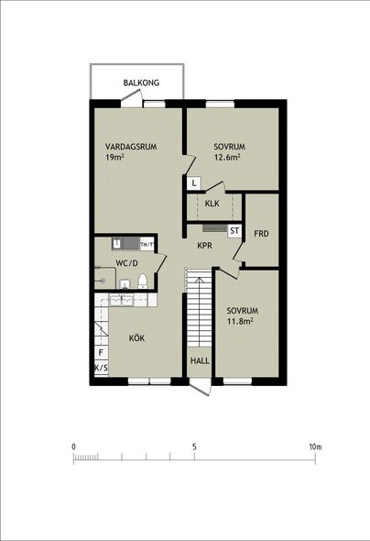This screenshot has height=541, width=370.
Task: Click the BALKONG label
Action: pyautogui.click(x=141, y=83)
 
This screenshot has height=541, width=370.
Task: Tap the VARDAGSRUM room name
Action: pyautogui.click(x=131, y=147)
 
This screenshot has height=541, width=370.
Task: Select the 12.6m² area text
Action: pyautogui.click(x=227, y=158)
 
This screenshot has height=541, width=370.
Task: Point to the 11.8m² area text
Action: pyautogui.click(x=240, y=322)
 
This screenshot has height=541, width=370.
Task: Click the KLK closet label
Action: pyautogui.click(x=212, y=204)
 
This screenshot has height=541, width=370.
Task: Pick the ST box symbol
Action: pyautogui.click(x=234, y=231)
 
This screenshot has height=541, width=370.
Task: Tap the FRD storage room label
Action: pyautogui.click(x=261, y=234)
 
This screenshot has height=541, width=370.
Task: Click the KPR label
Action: pyautogui.click(x=204, y=246)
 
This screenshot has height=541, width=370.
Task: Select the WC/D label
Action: pyautogui.click(x=126, y=263)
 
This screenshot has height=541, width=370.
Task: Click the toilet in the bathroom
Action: pyautogui.click(x=143, y=281)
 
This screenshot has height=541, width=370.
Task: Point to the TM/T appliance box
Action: pyautogui.click(x=147, y=244)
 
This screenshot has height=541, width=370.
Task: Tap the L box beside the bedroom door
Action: pyautogui.click(x=194, y=182)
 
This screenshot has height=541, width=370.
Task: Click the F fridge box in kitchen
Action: pyautogui.click(x=101, y=353)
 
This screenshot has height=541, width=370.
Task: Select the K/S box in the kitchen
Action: pyautogui.click(x=101, y=368)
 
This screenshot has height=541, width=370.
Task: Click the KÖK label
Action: pyautogui.click(x=136, y=338)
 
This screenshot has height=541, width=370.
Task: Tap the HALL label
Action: pyautogui.click(x=200, y=361)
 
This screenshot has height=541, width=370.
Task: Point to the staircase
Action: pyautogui.click(x=199, y=309)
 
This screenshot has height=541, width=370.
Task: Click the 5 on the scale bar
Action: pyautogui.click(x=194, y=447)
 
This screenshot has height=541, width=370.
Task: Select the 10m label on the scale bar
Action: pyautogui.click(x=315, y=447)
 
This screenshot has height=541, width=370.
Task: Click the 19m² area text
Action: pyautogui.click(x=114, y=158)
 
